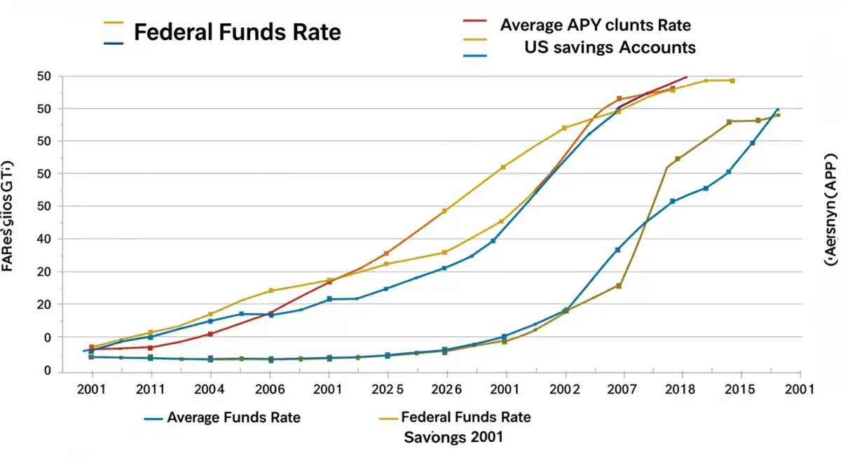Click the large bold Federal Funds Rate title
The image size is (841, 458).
[237, 32]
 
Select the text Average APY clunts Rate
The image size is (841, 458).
[595, 25]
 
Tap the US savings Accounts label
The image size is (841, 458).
[610, 47]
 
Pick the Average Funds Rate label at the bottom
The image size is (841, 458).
[233, 418]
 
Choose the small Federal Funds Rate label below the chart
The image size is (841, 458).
[465, 417]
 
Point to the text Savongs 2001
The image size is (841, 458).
[454, 437]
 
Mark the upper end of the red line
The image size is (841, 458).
[686, 77]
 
